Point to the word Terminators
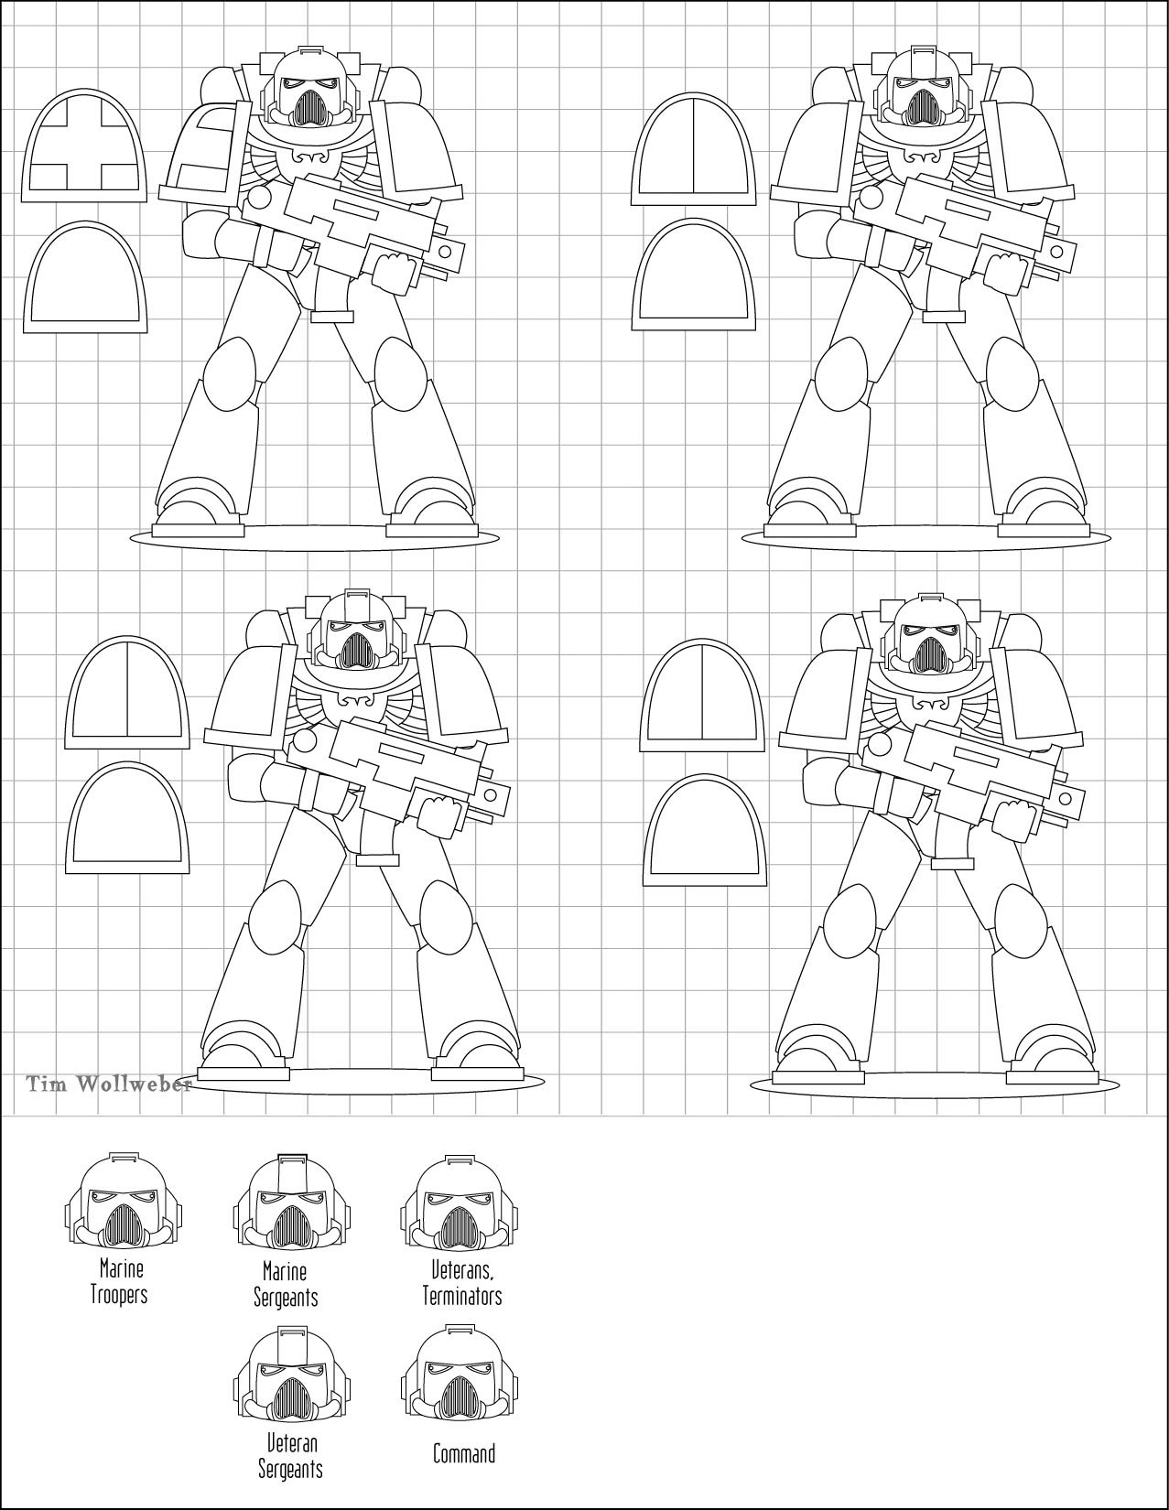[x=462, y=1296]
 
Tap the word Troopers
[x=119, y=1295]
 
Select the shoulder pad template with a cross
[x=85, y=146]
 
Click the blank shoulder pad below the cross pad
[x=85, y=277]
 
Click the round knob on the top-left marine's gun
[x=258, y=198]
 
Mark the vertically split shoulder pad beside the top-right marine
[x=694, y=148]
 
